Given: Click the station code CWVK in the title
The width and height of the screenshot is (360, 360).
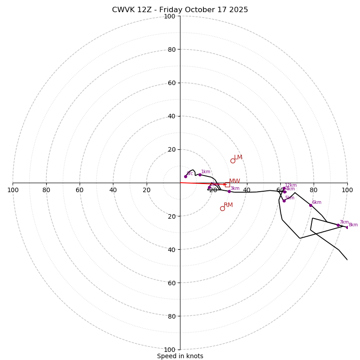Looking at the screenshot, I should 124,10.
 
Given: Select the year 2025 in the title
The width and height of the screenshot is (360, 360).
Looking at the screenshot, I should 238,10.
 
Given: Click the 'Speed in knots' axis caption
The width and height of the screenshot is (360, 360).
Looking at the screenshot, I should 180,356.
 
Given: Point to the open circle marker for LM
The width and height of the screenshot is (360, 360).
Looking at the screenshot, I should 233,161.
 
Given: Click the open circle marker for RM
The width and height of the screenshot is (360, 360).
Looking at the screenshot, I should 222,208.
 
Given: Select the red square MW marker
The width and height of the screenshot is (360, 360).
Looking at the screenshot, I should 227,184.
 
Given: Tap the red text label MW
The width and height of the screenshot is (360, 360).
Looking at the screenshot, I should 234,181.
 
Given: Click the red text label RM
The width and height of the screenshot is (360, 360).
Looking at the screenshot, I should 228,205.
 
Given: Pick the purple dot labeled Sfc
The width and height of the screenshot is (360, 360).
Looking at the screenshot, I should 185,176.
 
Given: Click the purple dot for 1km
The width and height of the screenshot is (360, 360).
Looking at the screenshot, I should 200,175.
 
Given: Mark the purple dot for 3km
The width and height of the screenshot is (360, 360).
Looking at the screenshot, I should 229,191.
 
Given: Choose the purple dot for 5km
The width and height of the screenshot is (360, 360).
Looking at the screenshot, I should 284,201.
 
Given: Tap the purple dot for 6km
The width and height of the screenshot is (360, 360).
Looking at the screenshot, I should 310,205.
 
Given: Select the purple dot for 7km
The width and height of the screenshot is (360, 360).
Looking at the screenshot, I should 338,225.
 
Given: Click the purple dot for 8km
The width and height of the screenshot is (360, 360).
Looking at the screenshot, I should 347,227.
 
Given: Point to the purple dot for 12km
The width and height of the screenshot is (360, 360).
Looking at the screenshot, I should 284,188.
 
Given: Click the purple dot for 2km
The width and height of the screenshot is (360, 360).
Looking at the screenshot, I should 209,188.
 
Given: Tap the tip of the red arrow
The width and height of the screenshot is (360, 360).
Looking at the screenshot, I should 226,184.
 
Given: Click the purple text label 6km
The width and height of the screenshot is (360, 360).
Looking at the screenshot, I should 317,202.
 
